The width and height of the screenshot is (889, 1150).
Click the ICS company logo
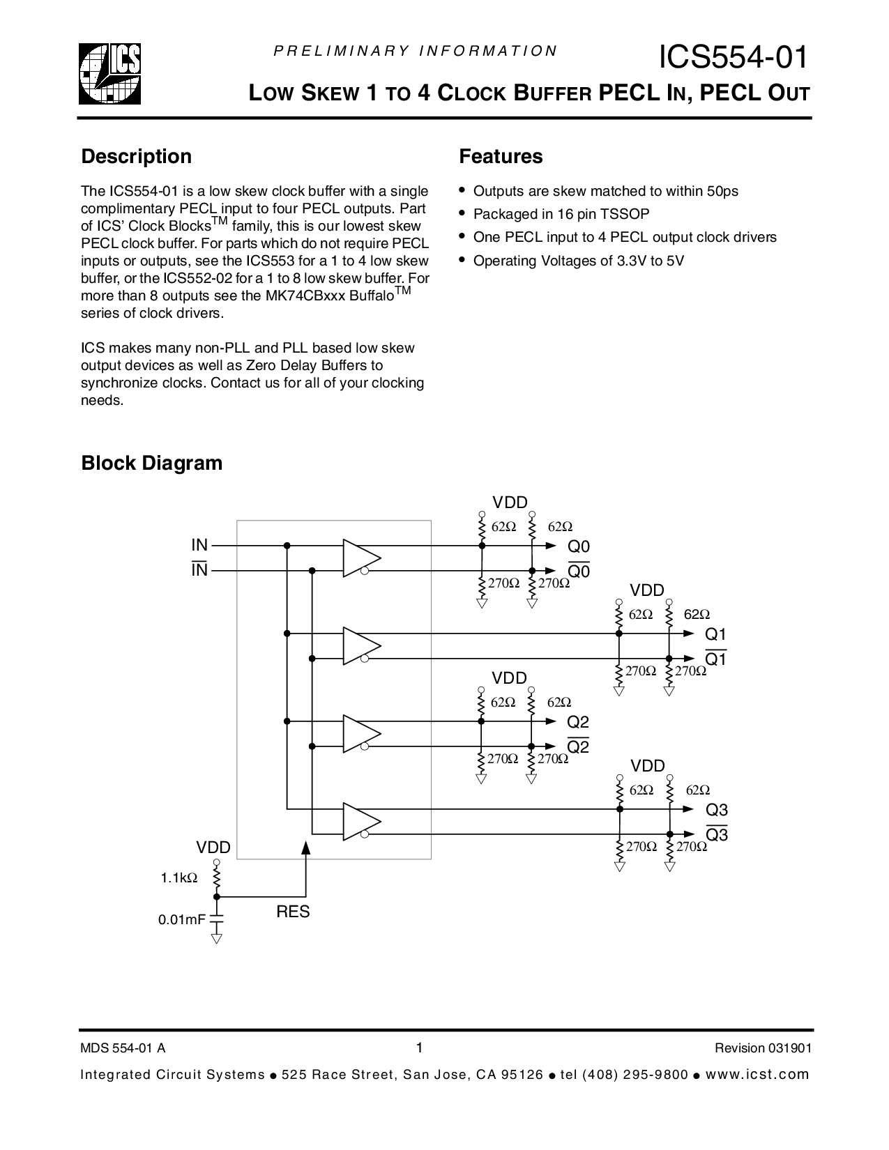109,73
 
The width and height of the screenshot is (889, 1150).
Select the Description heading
136,157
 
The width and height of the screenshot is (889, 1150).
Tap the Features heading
501,157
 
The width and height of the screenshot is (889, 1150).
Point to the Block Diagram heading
151,463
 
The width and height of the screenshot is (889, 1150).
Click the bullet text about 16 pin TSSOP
561,215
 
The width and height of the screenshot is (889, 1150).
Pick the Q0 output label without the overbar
579,546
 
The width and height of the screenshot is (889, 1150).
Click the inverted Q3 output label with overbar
717,834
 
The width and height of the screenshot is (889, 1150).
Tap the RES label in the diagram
293,912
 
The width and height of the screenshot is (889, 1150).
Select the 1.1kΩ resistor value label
179,878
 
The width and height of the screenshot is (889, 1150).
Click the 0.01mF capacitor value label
181,920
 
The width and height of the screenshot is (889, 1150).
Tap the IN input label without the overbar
199,545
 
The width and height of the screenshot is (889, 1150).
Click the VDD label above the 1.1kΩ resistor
213,848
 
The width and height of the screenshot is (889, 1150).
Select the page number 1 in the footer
419,1048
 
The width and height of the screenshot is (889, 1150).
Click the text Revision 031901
763,1048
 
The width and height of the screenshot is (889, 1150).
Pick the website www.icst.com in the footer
758,1074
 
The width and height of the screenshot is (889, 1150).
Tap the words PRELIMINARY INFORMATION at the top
415,51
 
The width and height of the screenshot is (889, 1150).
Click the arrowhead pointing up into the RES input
305,848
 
